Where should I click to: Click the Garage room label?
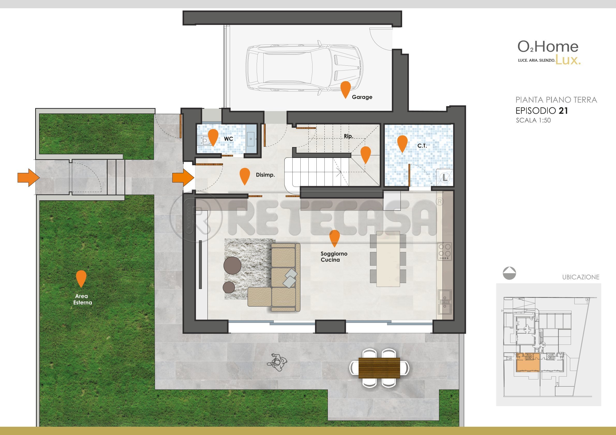[362, 97]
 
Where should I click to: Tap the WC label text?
[228, 139]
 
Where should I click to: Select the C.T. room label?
[422, 146]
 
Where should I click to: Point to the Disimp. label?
[265, 175]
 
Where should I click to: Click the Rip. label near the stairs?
[348, 136]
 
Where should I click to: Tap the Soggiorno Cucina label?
[334, 256]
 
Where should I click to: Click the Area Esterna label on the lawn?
[83, 299]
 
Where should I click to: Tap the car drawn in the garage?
[305, 68]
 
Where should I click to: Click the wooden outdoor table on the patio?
[379, 368]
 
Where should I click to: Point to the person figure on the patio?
[277, 362]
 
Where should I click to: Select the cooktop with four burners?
[444, 251]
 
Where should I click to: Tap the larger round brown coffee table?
[232, 265]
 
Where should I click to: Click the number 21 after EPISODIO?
[563, 111]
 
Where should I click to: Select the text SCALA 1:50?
[533, 120]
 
